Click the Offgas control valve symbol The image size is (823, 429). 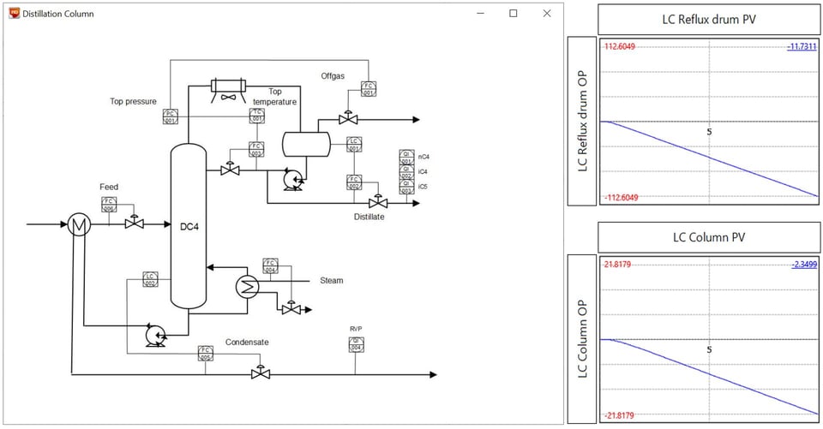coord(348,117)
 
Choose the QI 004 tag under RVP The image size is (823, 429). coord(356,344)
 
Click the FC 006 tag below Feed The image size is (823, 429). coord(109,204)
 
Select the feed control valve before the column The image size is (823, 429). coord(133,223)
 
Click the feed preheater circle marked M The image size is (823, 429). coord(80,225)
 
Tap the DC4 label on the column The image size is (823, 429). coord(189,227)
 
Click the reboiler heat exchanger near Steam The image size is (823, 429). coord(248,287)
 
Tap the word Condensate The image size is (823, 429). coord(247,342)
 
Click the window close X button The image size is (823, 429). coord(546,14)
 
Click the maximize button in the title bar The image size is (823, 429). coord(514,14)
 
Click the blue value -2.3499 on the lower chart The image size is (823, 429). coord(802,265)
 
